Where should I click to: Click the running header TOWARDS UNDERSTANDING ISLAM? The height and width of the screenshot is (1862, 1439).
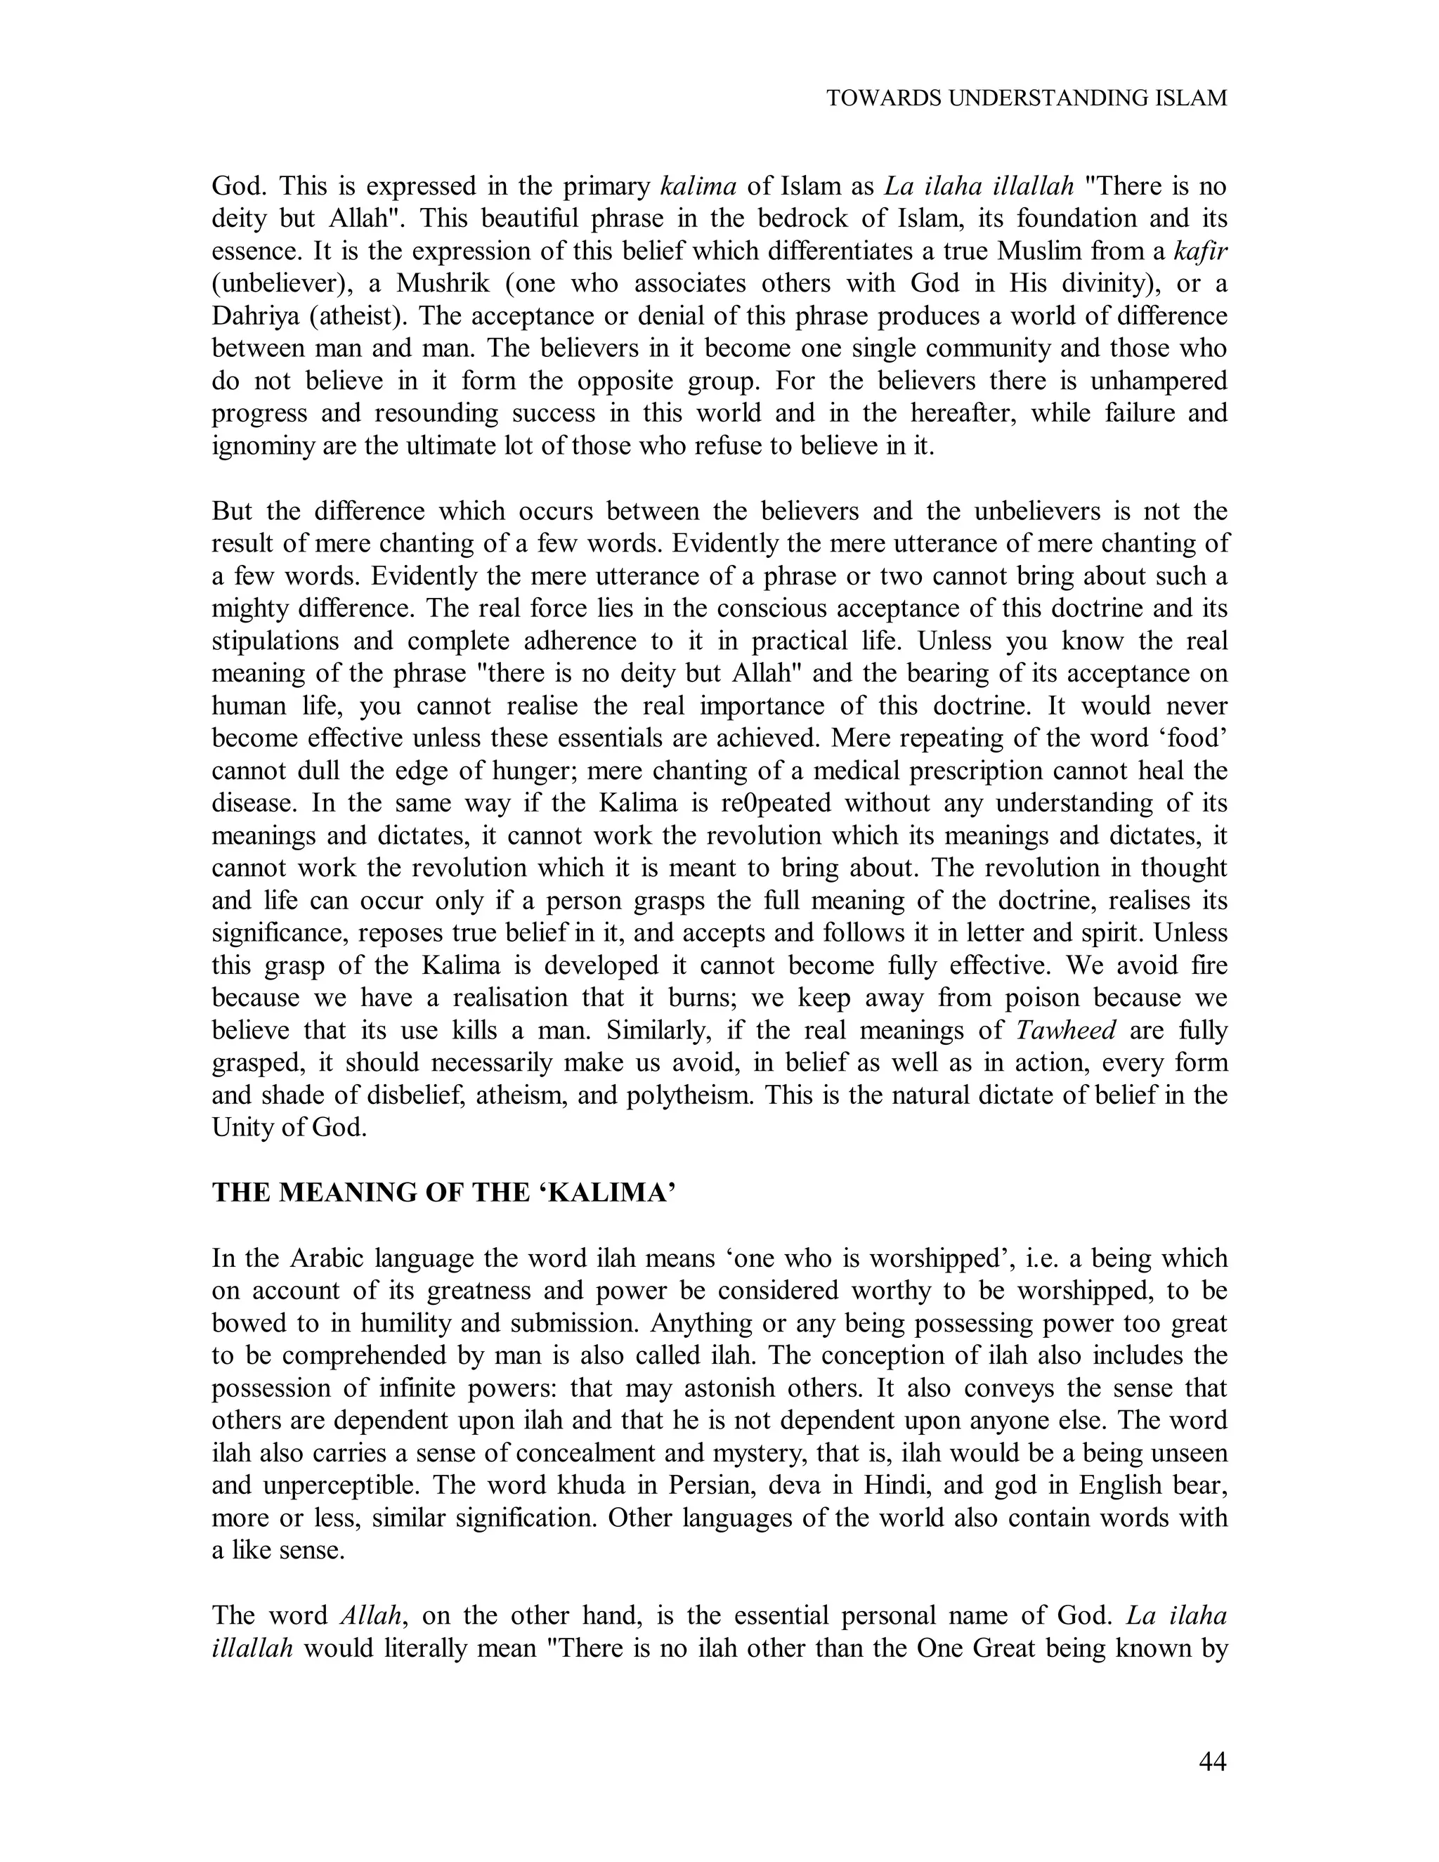tap(1027, 98)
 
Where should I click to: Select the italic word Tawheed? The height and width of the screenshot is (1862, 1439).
tap(1067, 1030)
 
